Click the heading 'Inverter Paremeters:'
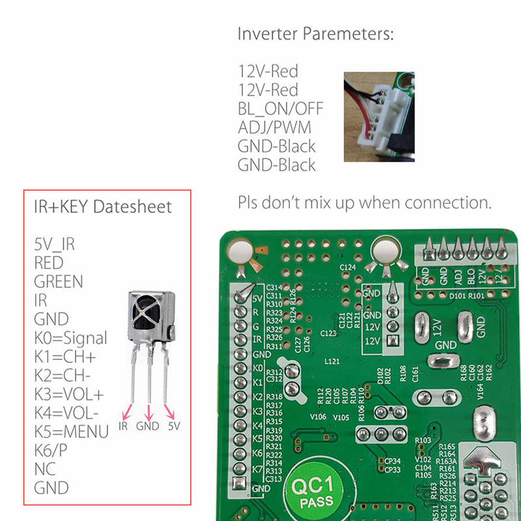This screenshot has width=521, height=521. point(316,34)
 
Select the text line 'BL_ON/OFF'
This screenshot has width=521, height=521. point(281,108)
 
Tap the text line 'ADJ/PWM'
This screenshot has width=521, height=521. point(274,127)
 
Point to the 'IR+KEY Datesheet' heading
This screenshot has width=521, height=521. point(103,207)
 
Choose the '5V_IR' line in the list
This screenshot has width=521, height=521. point(55,244)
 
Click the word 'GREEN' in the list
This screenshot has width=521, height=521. point(59,282)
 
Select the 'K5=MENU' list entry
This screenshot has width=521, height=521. point(71,432)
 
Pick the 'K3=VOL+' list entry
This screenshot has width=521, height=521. point(69,395)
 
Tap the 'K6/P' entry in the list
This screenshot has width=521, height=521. point(51,451)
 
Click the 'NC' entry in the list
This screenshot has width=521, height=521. point(44,469)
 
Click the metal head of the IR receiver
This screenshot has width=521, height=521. point(149,317)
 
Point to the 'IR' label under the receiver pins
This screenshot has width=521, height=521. point(123,427)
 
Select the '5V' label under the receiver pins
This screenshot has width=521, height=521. point(174,427)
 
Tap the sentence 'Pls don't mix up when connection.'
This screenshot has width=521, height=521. point(365,203)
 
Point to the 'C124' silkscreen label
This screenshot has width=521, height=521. point(348,268)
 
